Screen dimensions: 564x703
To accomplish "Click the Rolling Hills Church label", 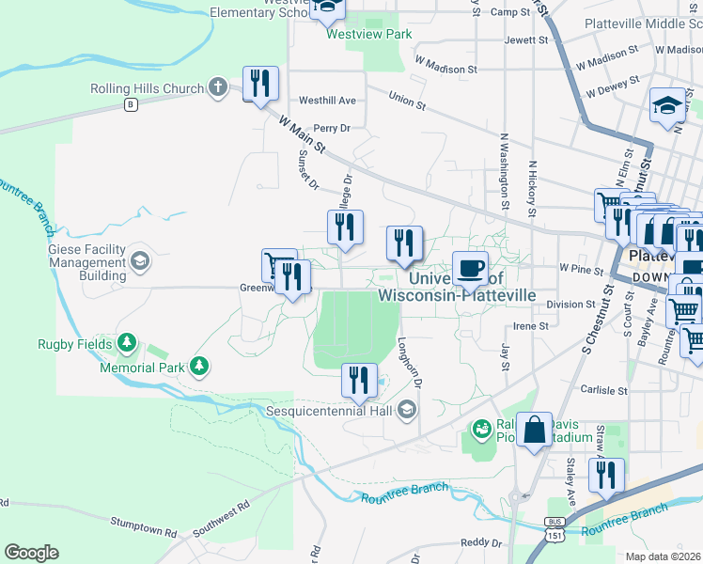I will pyautogui.click(x=148, y=89).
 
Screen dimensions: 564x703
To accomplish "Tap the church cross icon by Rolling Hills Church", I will pyautogui.click(x=218, y=88).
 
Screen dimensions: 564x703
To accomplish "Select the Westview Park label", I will pyautogui.click(x=368, y=34).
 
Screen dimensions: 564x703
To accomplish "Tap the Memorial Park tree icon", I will pyautogui.click(x=198, y=365).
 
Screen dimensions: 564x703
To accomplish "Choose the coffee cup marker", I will pyautogui.click(x=471, y=269).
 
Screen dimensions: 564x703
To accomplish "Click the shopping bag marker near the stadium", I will pyautogui.click(x=534, y=431).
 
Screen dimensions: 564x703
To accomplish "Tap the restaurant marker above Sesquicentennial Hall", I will pyautogui.click(x=358, y=381).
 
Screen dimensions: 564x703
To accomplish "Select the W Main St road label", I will pyautogui.click(x=302, y=133).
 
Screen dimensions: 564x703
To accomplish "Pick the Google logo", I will pyautogui.click(x=31, y=553).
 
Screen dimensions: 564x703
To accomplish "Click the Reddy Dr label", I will pyautogui.click(x=481, y=543).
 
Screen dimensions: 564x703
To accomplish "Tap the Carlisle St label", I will pyautogui.click(x=603, y=390).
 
